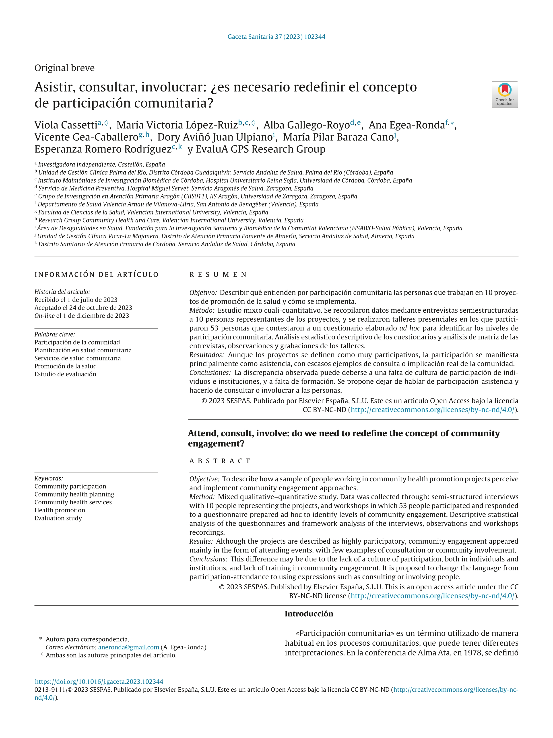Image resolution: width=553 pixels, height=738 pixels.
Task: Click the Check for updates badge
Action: coord(504,94)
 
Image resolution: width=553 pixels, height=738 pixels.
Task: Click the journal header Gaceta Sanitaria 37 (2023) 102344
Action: coord(276,37)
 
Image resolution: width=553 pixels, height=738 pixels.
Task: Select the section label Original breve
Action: coord(64,68)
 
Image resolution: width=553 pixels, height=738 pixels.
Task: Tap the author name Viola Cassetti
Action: coord(66,125)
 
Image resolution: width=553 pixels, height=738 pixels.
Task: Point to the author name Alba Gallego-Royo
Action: coord(306,125)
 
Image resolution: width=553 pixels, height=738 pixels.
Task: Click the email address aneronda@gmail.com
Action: coord(129,647)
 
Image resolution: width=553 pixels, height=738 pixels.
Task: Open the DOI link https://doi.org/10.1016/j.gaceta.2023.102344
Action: coord(99,682)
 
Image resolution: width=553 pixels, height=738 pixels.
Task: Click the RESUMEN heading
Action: coord(218,274)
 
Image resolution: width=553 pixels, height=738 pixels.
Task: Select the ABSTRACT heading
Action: coord(220,461)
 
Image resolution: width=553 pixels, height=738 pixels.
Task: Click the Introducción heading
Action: coord(309,614)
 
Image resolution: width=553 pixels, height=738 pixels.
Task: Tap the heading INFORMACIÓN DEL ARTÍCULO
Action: coord(96,274)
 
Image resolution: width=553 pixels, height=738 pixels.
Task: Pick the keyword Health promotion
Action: coord(60,510)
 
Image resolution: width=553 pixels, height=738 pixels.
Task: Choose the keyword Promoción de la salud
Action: coord(65,366)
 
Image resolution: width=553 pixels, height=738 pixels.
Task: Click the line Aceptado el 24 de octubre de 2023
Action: coord(83,308)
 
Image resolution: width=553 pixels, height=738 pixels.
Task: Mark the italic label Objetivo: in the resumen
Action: coord(203,293)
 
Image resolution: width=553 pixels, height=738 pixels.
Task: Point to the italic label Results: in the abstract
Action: coord(201,541)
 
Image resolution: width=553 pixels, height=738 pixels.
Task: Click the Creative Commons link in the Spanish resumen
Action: coord(432,410)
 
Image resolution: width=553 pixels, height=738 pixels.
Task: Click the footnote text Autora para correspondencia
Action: coord(87,639)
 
